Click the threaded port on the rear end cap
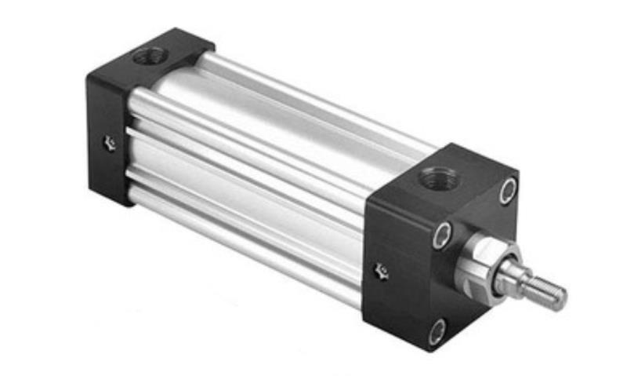tap(150, 57)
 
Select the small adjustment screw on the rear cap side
tap(110, 143)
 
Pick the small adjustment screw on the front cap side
tap(382, 272)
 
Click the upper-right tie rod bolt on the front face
tap(508, 190)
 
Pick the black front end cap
tap(439, 251)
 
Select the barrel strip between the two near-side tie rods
tap(251, 184)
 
